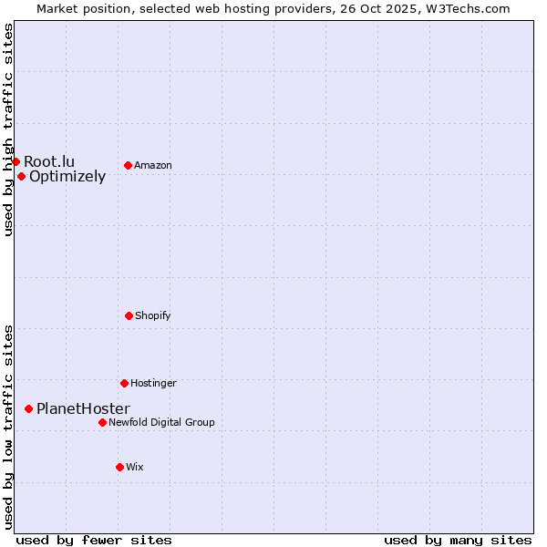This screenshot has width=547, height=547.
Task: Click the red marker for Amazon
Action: coord(128,165)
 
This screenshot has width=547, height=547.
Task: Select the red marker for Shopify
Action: coord(129,315)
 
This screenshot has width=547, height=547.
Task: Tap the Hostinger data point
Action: coord(124,383)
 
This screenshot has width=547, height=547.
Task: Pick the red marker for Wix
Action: coord(119,467)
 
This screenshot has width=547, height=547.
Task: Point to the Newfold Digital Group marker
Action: coord(102,422)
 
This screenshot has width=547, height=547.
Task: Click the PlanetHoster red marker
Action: coord(29,409)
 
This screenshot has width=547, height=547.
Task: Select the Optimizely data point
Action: coord(21,176)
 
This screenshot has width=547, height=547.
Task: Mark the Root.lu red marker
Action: coord(15,161)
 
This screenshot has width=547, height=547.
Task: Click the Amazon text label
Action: coord(153,165)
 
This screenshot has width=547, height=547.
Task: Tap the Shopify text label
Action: coord(153,315)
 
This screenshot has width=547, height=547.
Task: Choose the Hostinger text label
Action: coord(153,383)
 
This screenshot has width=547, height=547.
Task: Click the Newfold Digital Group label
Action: coord(161,422)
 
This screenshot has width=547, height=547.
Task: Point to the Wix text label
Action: coord(135,467)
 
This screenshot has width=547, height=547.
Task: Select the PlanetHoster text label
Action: coord(83,409)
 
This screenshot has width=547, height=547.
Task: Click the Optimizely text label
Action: coord(67,177)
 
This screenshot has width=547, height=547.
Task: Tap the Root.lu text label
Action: coord(49,161)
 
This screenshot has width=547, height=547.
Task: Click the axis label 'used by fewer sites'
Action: coord(94,540)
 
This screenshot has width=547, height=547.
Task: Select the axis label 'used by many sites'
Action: coord(458,540)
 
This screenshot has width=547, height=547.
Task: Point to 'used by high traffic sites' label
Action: coord(8,129)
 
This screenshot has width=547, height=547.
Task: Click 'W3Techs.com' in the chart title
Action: coord(467,8)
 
